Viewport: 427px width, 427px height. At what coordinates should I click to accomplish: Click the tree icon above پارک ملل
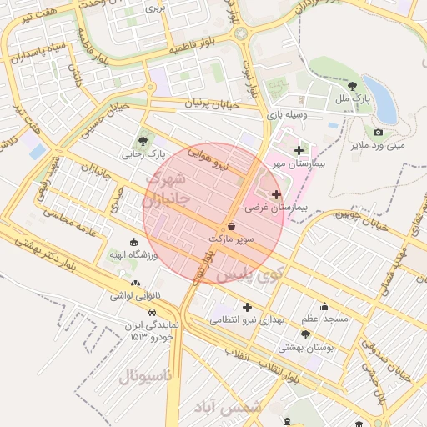coord(353,85)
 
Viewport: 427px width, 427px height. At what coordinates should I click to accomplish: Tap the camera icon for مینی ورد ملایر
coord(378,132)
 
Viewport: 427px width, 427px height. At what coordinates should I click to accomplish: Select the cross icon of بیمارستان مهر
coord(299,150)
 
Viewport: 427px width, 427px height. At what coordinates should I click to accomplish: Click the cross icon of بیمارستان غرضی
coord(277,193)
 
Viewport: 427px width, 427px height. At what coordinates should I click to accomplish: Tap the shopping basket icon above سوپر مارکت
coord(231,227)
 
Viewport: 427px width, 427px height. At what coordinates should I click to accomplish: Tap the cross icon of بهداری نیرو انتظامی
coord(246,307)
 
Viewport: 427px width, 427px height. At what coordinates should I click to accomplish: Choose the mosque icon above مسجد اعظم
coord(324,306)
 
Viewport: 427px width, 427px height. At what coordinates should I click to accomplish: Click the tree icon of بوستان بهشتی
coord(305,334)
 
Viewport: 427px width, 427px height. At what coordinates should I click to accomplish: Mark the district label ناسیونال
coord(145,376)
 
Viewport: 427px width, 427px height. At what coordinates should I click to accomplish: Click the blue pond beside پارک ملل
coord(380,98)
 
